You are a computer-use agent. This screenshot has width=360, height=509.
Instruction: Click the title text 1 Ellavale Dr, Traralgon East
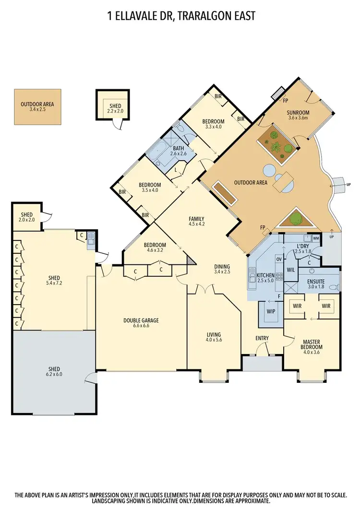tap(180, 16)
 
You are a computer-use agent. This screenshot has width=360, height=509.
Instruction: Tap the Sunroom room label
tap(299, 113)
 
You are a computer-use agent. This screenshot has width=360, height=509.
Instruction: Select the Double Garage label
tap(141, 321)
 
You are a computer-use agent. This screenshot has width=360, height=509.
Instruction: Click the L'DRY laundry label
tap(303, 245)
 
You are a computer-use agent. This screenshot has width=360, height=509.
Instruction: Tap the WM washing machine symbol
tap(316, 237)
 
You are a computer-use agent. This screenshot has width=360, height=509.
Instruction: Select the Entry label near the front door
tap(262, 338)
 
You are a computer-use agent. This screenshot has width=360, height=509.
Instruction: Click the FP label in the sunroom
tap(285, 101)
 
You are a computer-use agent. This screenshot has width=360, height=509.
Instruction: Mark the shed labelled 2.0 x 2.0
tap(26, 216)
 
